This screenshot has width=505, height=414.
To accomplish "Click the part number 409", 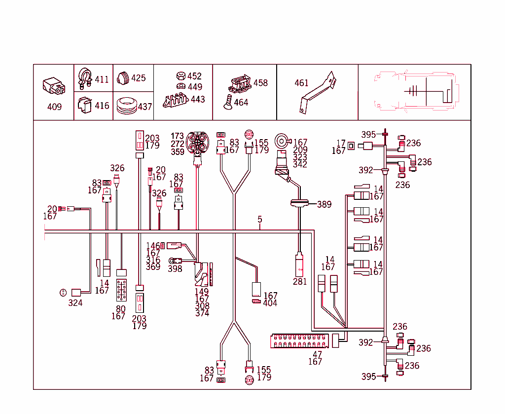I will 54,107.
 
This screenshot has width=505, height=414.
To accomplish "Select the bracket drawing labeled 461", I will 318,92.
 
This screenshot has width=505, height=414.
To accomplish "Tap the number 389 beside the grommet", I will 324,204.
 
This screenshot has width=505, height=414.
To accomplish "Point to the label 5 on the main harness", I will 260,220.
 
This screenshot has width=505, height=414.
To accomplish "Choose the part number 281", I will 300,282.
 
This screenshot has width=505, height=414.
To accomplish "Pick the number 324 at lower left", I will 75,302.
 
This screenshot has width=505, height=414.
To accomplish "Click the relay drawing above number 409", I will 54,86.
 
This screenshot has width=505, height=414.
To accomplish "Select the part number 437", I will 144,106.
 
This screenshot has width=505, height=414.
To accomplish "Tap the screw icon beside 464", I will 227,102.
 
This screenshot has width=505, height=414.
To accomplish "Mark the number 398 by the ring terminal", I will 175,269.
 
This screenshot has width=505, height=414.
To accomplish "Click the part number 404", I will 270,303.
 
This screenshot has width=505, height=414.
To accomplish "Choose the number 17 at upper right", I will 341,143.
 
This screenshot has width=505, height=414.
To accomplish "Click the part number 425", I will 138,78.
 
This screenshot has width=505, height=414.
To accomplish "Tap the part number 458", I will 260,82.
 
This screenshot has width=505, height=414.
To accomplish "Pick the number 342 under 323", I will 300,164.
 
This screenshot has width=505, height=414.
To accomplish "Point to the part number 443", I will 198,99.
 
